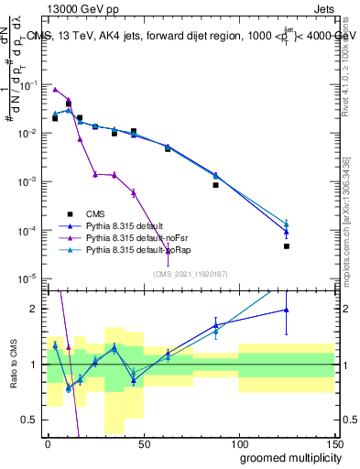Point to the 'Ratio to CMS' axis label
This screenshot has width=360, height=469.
click(x=14, y=365)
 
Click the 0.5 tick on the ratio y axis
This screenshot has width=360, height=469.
click(x=32, y=420)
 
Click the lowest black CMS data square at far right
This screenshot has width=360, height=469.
click(x=287, y=246)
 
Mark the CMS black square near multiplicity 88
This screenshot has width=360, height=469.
click(x=215, y=185)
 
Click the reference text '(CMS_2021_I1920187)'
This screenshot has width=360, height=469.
click(x=190, y=274)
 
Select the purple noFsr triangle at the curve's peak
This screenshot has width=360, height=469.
click(x=55, y=90)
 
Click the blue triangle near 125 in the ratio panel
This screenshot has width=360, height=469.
click(x=287, y=310)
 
